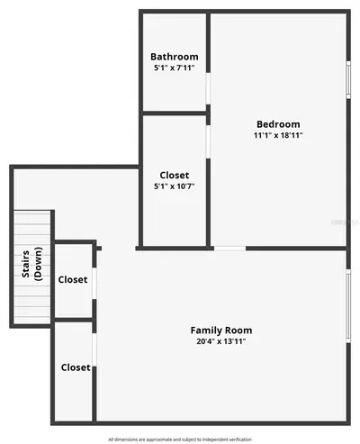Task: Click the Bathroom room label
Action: (175, 57)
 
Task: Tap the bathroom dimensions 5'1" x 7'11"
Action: (175, 68)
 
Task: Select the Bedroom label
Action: (278, 124)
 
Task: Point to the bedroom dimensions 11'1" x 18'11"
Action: (278, 135)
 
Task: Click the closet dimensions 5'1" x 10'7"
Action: (175, 186)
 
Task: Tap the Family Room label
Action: (221, 331)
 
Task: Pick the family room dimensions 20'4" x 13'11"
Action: (221, 341)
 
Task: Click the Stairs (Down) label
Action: (31, 264)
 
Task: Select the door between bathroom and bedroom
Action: (208, 88)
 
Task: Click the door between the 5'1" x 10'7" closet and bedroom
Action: (208, 141)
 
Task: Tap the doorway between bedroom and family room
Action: (229, 249)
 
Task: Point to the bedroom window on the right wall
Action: (348, 80)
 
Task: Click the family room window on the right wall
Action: (348, 306)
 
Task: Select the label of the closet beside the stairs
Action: (73, 279)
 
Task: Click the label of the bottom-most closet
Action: (76, 367)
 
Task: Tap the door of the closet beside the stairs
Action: (94, 283)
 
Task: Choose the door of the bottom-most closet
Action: (94, 349)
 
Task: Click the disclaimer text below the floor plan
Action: (180, 439)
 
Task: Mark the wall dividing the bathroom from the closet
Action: (175, 113)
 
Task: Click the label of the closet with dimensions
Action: (175, 175)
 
